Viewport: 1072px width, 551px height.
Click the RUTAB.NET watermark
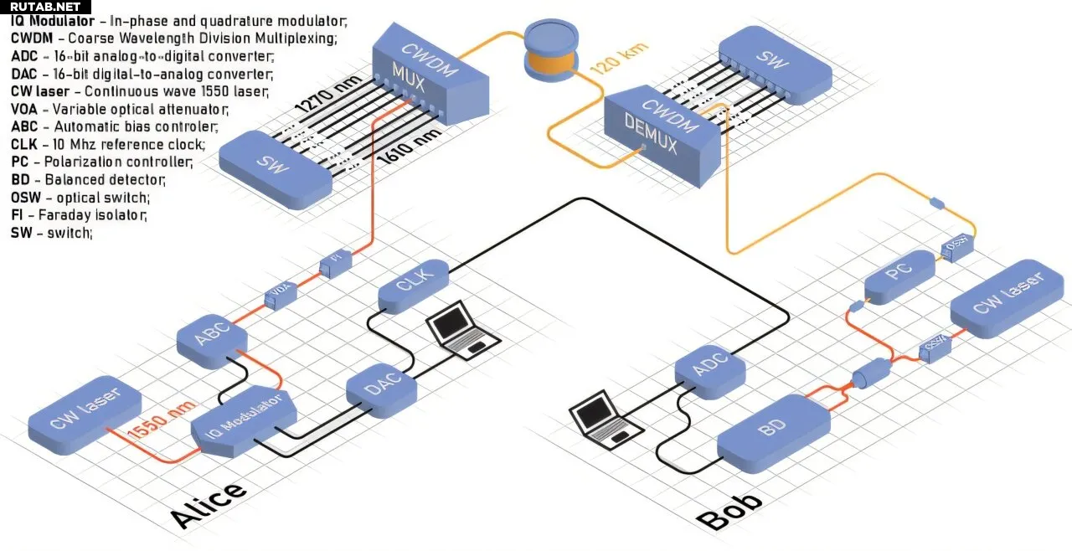(45, 7)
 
